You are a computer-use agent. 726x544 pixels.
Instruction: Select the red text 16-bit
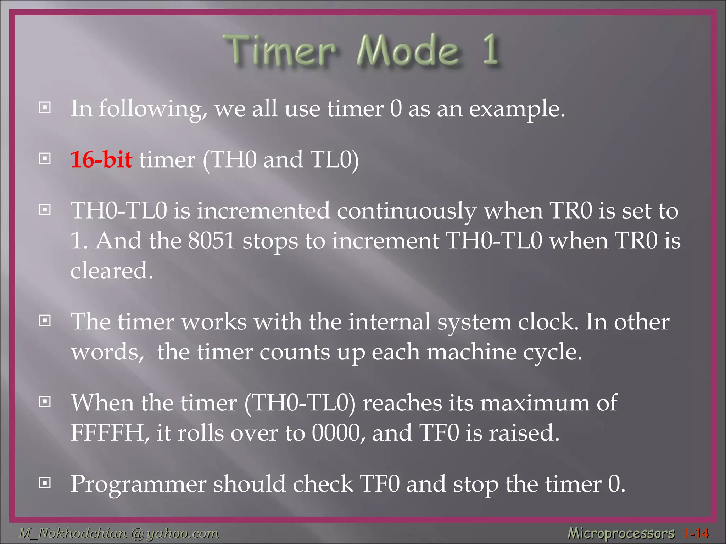pyautogui.click(x=101, y=159)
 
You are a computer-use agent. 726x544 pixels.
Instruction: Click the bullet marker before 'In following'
pyautogui.click(x=45, y=107)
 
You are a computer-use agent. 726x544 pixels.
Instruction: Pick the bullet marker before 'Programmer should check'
pyautogui.click(x=45, y=482)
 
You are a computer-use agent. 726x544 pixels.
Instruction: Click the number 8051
pyautogui.click(x=212, y=241)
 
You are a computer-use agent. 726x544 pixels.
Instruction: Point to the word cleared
pyautogui.click(x=112, y=271)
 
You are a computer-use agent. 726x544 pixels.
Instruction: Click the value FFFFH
pyautogui.click(x=107, y=433)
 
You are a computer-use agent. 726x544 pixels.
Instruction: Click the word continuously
pyautogui.click(x=407, y=211)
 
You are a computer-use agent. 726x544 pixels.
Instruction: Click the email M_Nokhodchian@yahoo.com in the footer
pyautogui.click(x=119, y=533)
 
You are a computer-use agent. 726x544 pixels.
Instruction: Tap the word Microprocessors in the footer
pyautogui.click(x=621, y=533)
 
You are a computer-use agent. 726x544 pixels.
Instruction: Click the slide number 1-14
pyautogui.click(x=696, y=533)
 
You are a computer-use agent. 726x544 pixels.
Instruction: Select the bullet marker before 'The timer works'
pyautogui.click(x=45, y=321)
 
